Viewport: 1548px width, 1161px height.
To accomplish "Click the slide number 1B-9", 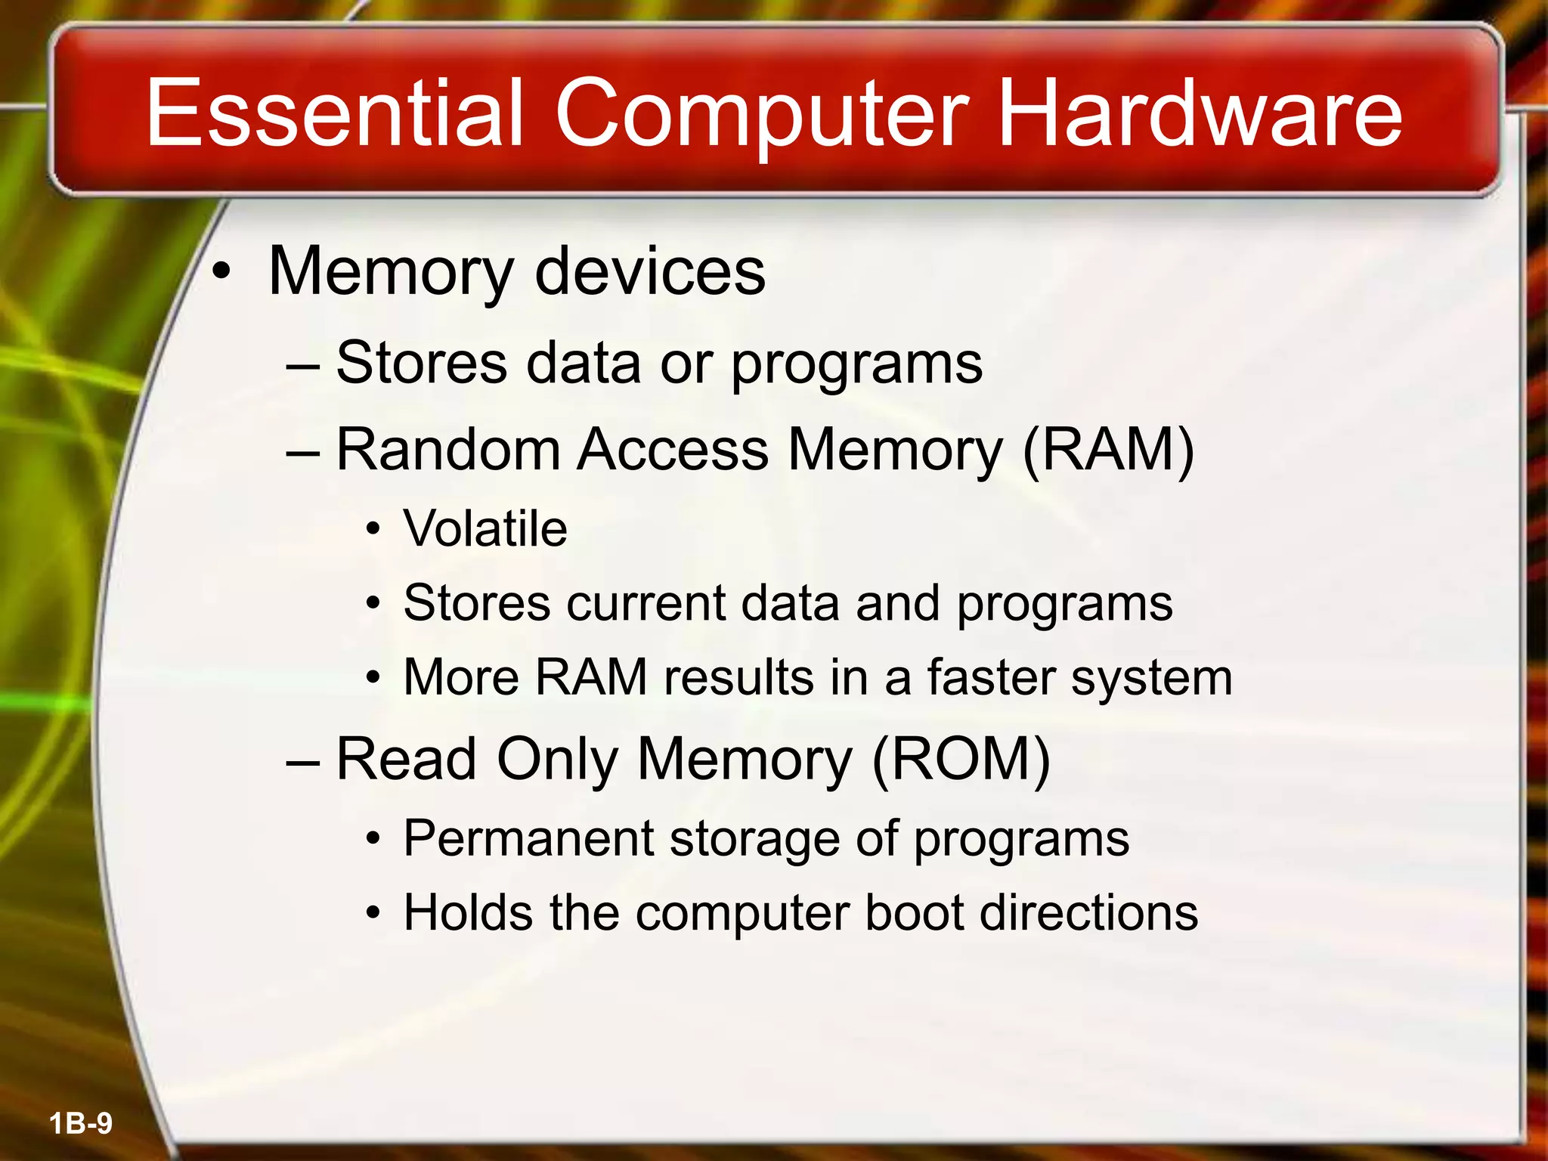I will tap(81, 1123).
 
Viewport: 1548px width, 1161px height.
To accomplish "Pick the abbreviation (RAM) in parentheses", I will tap(1108, 450).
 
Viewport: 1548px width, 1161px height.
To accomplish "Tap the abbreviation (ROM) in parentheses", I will tap(961, 759).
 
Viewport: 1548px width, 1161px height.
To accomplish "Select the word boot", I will tap(914, 912).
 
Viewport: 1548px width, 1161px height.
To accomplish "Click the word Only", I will tap(557, 760).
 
